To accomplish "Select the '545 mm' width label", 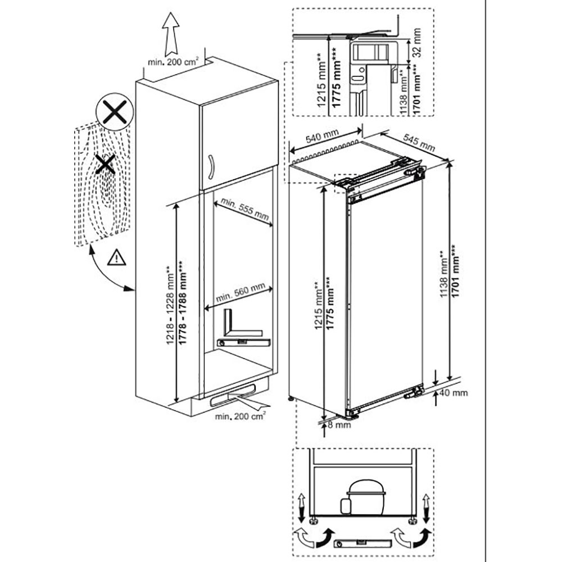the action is pyautogui.click(x=419, y=143).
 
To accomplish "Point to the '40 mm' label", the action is pyautogui.click(x=455, y=392).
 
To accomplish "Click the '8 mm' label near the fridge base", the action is pyautogui.click(x=338, y=425).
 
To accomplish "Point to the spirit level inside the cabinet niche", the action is pyautogui.click(x=244, y=342).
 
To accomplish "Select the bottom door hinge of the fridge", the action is pyautogui.click(x=416, y=392).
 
